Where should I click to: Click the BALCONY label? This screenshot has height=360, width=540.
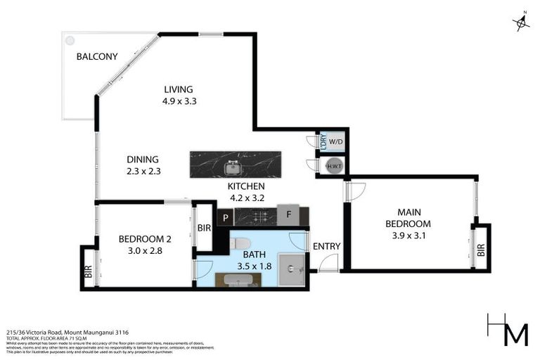coord(96,56)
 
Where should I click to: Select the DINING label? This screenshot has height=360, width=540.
coord(143,159)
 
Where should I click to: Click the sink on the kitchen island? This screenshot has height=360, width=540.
coord(232,168)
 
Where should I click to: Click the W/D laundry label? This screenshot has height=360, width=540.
coord(336,141)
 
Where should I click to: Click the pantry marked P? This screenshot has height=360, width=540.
coord(225,218)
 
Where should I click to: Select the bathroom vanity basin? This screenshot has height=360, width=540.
coord(238,280)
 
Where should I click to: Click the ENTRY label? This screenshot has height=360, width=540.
coord(327,246)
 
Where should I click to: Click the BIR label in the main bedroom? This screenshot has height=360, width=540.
coord(481,249)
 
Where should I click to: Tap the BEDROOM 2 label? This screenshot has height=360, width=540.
coord(145,238)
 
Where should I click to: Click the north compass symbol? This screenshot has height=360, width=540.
coord(521,22)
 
